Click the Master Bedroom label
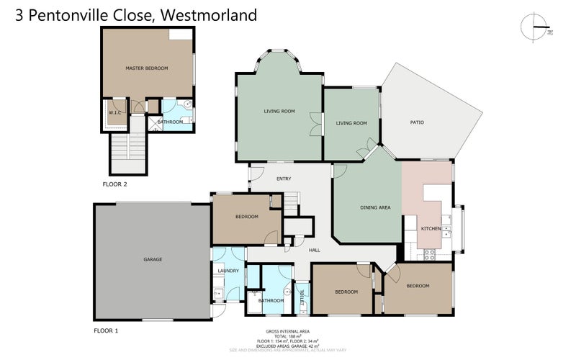pos(146,68)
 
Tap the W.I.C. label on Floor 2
pos(114,113)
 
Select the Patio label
pos(417,123)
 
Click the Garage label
pos(152,259)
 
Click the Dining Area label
pos(375,207)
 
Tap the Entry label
pos(273,179)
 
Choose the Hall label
pos(315,251)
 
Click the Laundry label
pos(228,271)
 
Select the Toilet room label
pos(302,295)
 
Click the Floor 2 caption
pos(114,184)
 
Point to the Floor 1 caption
pos(106,330)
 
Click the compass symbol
pos(534,27)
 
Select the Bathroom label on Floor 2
pos(171,122)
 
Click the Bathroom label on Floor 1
pos(271,301)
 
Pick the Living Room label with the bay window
pos(279,111)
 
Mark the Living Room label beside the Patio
pos(351,123)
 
